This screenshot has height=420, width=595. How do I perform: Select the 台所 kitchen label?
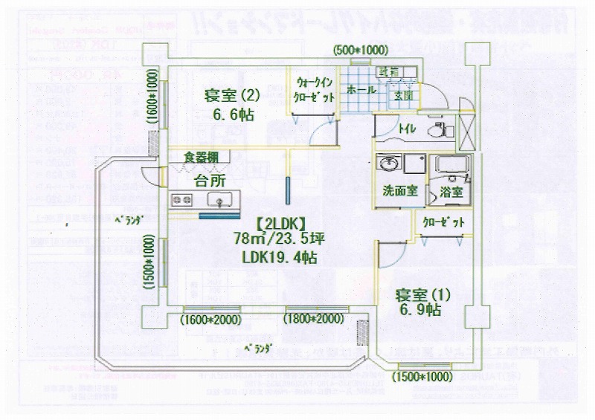pos(210,180)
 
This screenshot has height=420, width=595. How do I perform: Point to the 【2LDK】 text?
pos(278,222)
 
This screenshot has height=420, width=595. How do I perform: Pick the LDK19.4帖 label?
pos(280,257)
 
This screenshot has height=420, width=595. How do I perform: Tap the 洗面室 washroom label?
pos(399,190)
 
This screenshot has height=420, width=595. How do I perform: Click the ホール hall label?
pos(361,89)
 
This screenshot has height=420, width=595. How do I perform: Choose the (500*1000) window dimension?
pos(361,50)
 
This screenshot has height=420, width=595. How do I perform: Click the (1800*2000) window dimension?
pos(314,319)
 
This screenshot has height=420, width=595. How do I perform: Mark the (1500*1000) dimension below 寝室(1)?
pos(422,377)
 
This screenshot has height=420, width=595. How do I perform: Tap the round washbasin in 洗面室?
pos(387,163)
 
